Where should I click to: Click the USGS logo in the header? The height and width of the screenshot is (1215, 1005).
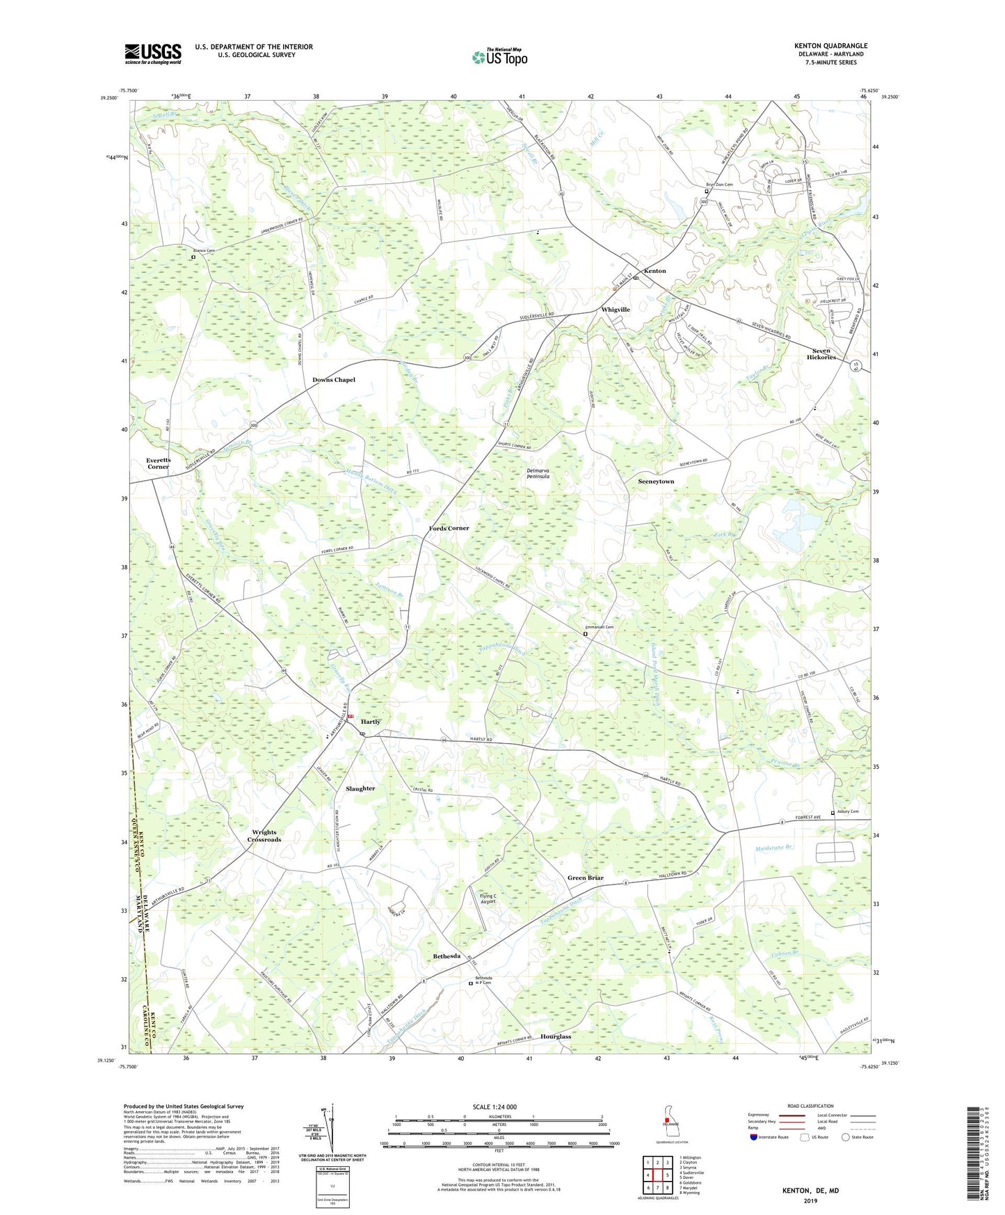click(x=152, y=54)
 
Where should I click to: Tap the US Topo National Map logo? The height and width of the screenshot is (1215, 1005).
click(x=499, y=57)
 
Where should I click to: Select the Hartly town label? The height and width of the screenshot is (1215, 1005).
click(x=370, y=722)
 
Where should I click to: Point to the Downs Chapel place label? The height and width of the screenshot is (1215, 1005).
click(x=334, y=379)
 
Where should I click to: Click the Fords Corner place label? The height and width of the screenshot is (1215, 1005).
click(x=449, y=528)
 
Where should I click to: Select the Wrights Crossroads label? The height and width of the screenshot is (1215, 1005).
click(x=264, y=836)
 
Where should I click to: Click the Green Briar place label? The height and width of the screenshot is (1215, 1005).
click(x=586, y=877)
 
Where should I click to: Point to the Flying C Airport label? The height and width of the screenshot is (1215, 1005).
click(x=488, y=898)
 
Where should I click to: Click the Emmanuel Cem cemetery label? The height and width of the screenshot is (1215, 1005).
click(x=600, y=627)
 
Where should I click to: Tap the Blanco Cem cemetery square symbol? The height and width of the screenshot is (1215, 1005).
click(x=193, y=257)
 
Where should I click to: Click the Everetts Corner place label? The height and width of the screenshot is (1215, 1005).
click(x=159, y=463)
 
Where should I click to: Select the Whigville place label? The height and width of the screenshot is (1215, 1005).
click(x=616, y=309)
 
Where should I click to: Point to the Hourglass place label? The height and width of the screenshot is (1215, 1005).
click(x=555, y=1036)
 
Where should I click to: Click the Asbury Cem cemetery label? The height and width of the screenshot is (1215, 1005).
click(x=847, y=811)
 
